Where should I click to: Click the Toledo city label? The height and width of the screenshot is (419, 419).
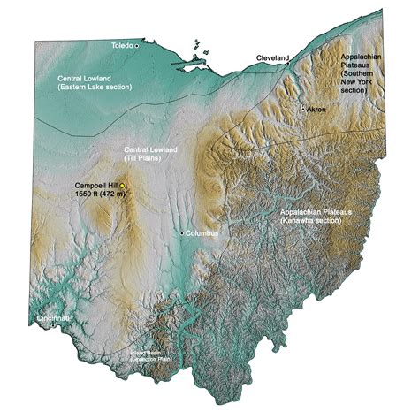tap(121, 43)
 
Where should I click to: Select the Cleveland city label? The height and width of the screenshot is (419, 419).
tap(272, 57)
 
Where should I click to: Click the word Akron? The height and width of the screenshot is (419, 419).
tap(316, 109)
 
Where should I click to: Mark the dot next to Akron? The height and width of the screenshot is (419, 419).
tap(303, 108)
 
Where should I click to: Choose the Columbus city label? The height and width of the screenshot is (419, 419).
tap(202, 233)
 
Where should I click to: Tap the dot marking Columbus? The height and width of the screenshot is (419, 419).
tap(182, 233)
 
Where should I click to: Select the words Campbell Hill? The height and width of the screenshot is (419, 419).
tap(96, 185)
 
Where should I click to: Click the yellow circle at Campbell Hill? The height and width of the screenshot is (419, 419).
tap(123, 185)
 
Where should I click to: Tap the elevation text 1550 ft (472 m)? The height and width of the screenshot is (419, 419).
tap(97, 194)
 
